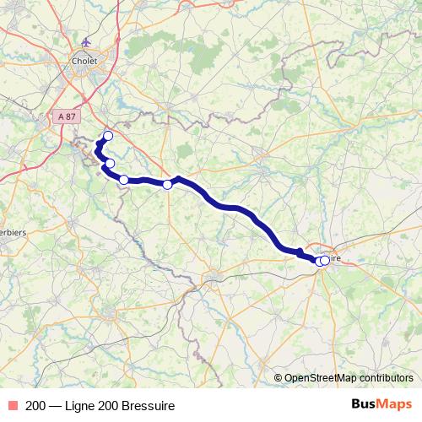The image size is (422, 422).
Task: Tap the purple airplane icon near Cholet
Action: (x=85, y=41)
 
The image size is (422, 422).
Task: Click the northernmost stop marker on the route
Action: (x=108, y=136)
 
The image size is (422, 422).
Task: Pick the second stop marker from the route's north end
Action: (x=110, y=163)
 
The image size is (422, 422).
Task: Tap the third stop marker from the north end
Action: (x=124, y=179)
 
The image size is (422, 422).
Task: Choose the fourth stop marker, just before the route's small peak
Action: (x=167, y=184)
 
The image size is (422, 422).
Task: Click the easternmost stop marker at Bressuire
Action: (x=325, y=261)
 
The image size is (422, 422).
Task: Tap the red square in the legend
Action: (x=12, y=406)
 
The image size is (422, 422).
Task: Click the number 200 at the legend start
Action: (x=35, y=406)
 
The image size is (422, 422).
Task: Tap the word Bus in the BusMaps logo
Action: (x=365, y=405)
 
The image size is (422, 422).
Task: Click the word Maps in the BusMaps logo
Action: (x=395, y=405)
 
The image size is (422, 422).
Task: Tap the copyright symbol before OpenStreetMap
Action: (x=278, y=379)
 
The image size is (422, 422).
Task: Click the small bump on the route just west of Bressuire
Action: (x=299, y=251)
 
